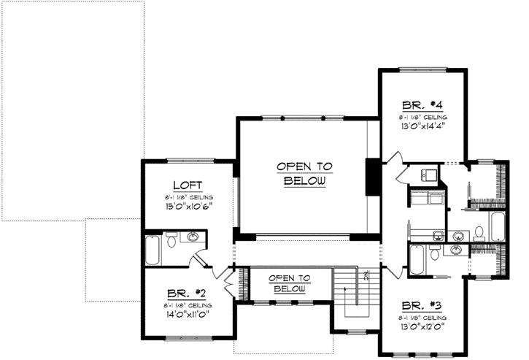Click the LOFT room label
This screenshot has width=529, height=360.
tap(188, 185)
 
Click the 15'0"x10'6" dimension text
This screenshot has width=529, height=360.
tap(188, 207)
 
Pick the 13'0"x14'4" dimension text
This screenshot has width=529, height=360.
tap(422, 125)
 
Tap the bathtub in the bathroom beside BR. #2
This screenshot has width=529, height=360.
tap(153, 250)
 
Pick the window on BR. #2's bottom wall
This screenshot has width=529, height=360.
tap(188, 338)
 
